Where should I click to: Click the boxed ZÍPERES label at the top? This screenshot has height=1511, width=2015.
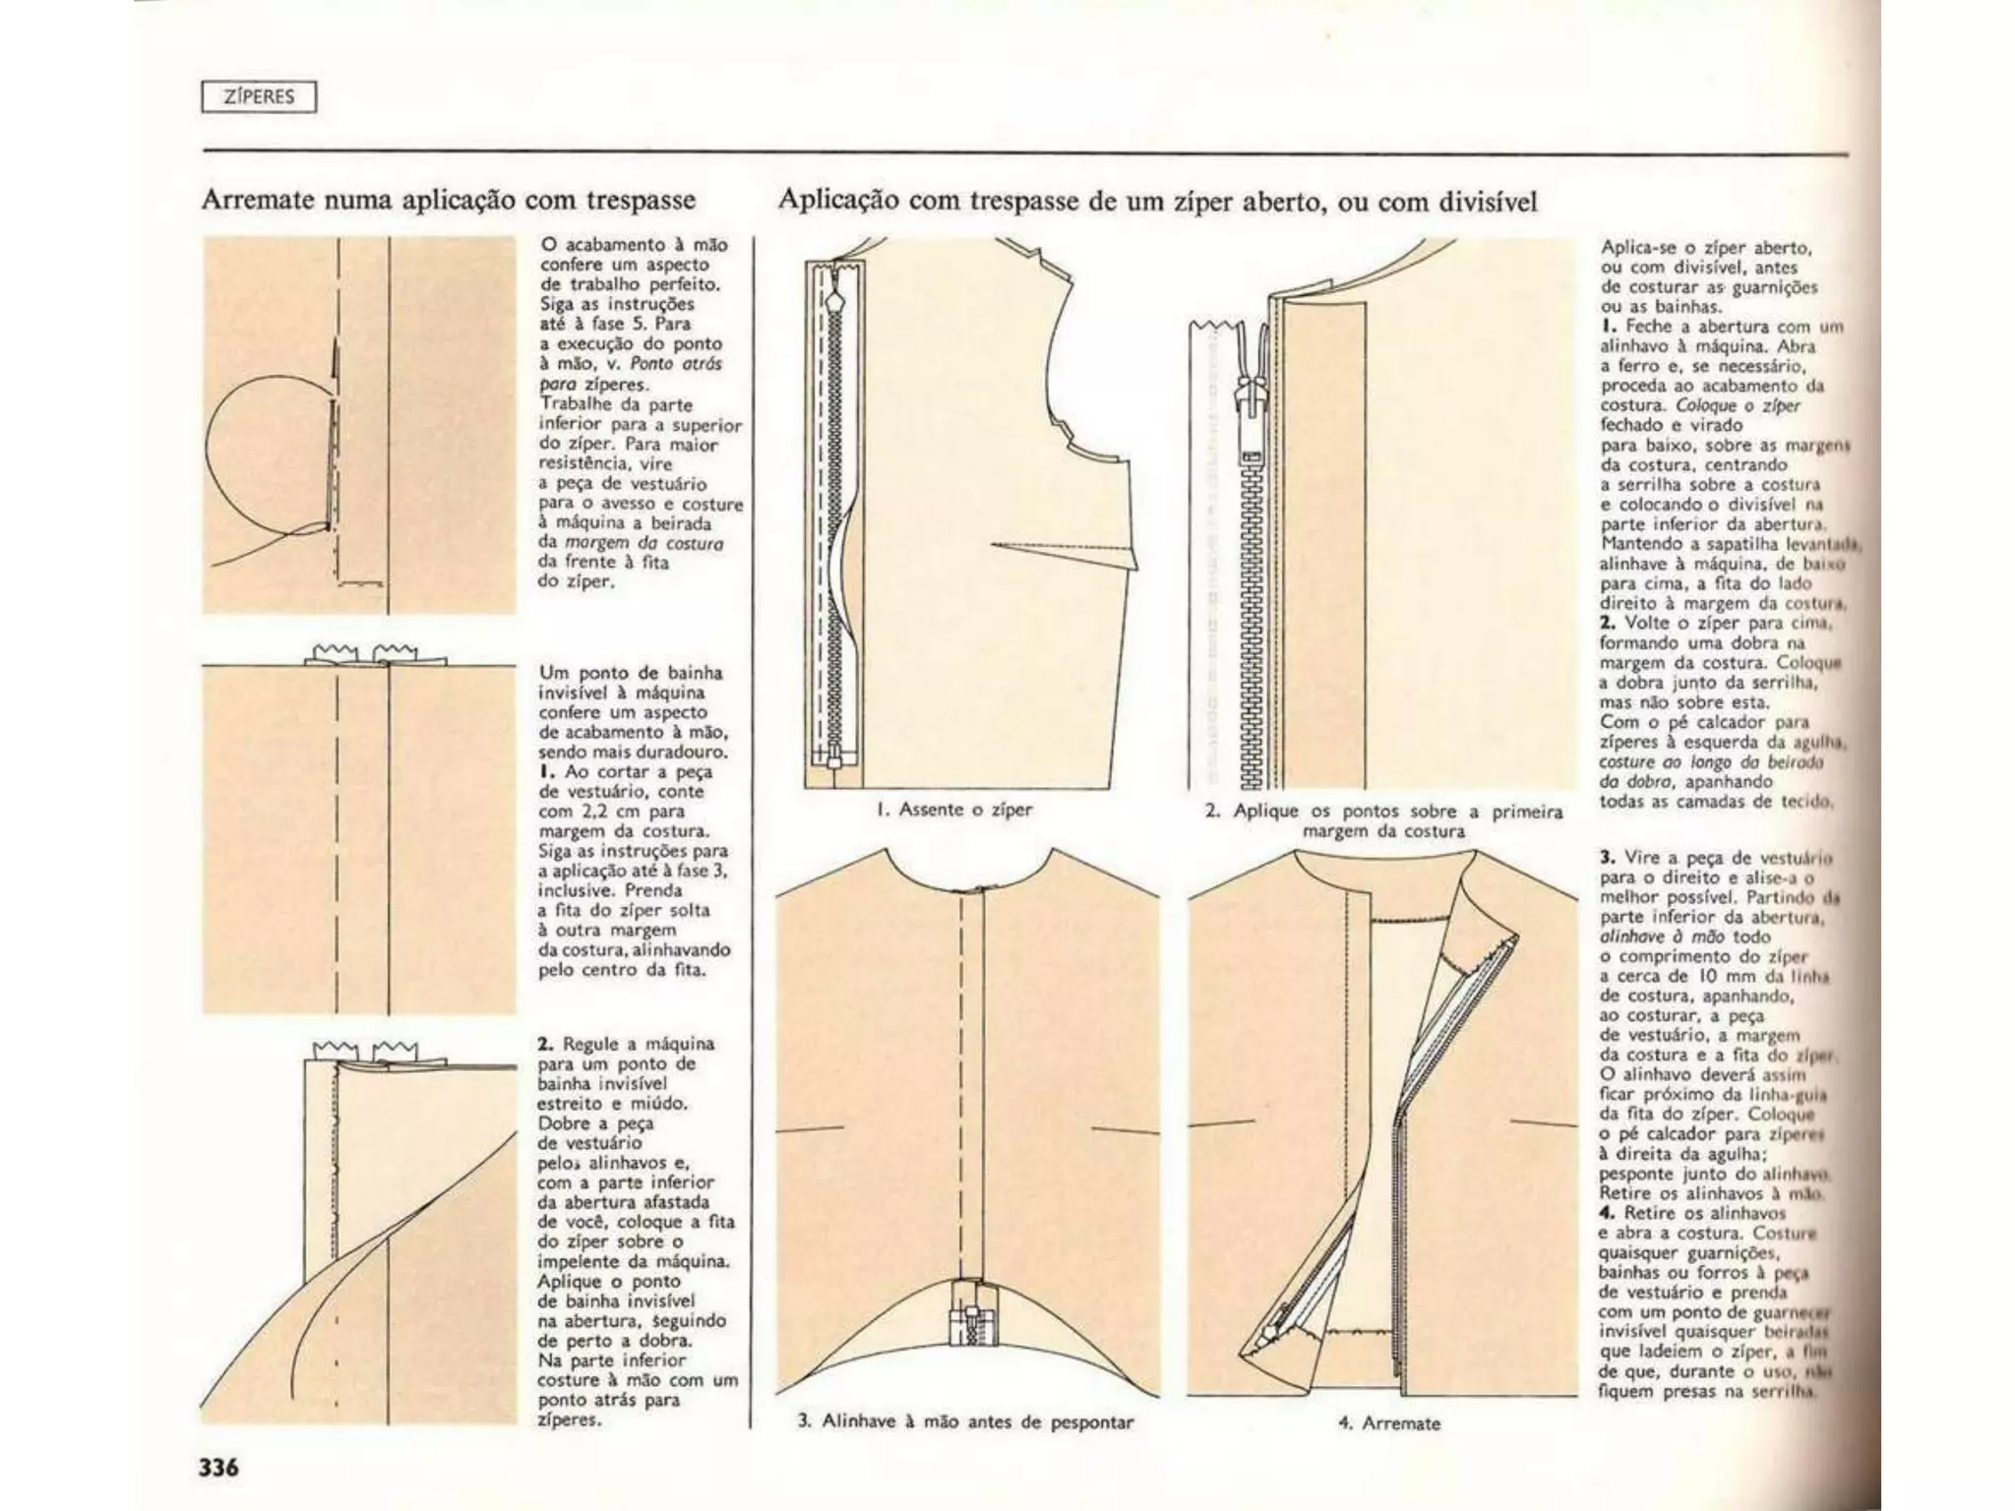tap(259, 97)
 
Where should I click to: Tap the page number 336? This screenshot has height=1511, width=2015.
tap(219, 1468)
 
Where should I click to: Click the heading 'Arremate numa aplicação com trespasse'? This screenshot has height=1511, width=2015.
tap(448, 200)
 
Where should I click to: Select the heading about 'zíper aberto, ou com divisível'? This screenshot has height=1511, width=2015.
tap(1157, 201)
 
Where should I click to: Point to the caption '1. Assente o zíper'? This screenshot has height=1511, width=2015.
tap(954, 810)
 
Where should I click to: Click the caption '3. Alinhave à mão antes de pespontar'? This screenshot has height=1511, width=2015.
tap(965, 1421)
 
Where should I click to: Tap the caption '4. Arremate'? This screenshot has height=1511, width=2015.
tap(1389, 1422)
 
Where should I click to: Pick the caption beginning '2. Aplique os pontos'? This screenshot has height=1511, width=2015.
tap(1383, 820)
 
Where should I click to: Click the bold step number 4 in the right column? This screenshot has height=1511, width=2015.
tap(1607, 1213)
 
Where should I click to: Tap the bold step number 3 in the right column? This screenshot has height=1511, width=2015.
tap(1607, 857)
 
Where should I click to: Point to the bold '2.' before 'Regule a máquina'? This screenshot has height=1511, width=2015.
tap(545, 1044)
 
